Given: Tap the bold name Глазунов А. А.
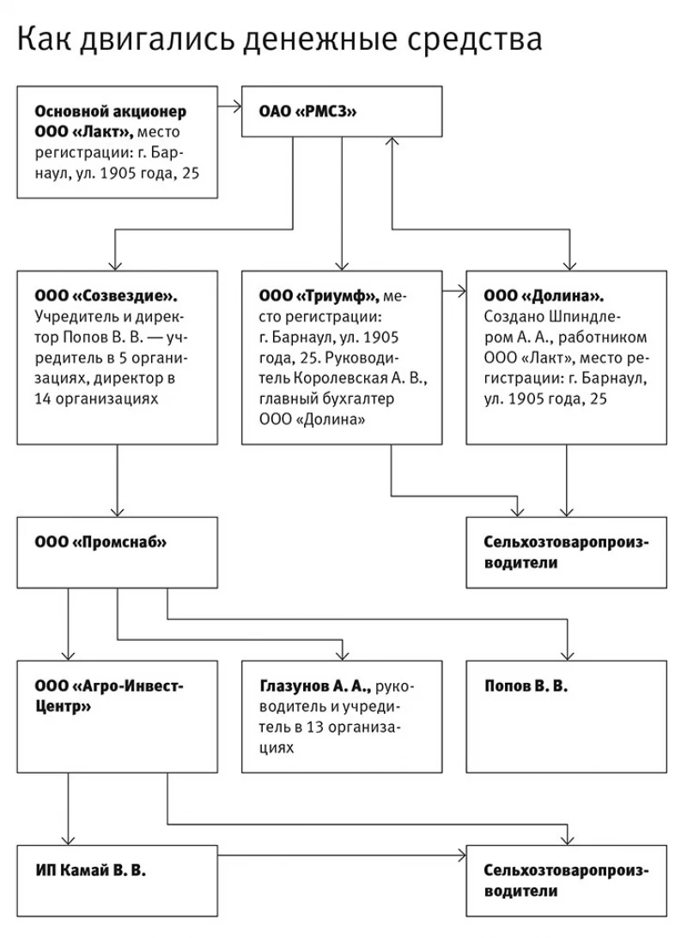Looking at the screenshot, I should point(314,686).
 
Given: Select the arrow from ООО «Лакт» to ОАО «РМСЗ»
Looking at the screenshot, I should point(228,107).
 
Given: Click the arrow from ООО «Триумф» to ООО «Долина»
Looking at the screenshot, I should point(454,292).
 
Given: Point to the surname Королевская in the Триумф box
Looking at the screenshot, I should point(335,378).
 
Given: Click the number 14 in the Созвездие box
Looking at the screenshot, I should point(44,399).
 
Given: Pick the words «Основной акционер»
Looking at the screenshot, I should point(111,112).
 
